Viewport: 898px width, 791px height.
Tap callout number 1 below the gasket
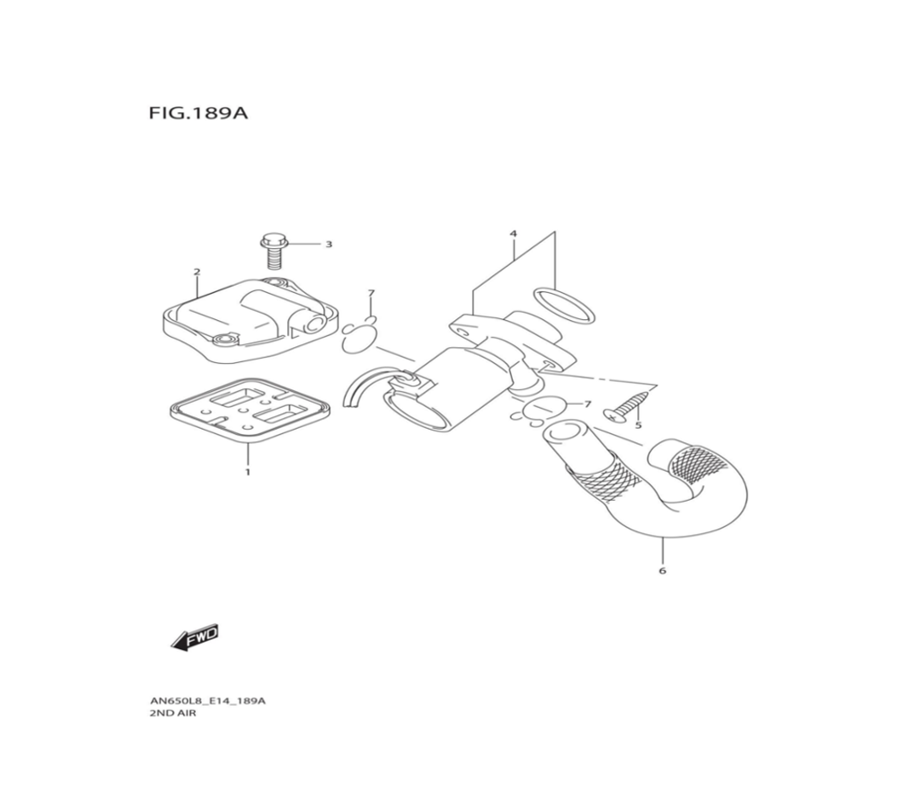[x=248, y=471]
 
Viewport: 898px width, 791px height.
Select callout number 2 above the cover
[x=197, y=271]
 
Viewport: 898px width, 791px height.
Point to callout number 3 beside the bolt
[x=329, y=244]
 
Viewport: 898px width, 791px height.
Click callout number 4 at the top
[x=514, y=234]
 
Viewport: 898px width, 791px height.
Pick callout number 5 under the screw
[x=638, y=425]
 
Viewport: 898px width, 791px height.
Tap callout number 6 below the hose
[x=663, y=571]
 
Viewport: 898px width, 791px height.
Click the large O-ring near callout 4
[x=564, y=305]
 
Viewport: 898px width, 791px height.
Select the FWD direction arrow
[x=195, y=637]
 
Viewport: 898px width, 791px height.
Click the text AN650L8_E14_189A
[x=207, y=701]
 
